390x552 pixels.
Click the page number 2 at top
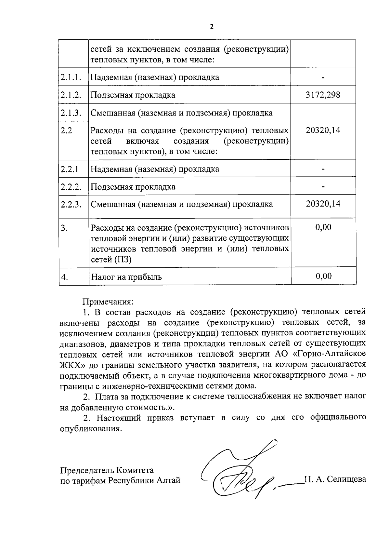(212, 27)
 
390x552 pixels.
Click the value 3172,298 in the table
(323, 95)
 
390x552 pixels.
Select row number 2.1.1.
(71, 77)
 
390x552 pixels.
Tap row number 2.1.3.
(71, 113)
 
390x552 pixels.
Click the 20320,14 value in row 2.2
(323, 130)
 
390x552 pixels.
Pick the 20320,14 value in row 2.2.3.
(323, 204)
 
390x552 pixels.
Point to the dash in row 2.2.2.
(323, 187)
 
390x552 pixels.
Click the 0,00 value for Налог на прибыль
(324, 276)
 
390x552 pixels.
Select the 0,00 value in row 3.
(323, 227)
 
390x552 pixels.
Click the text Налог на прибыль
(126, 277)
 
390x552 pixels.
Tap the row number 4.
(65, 277)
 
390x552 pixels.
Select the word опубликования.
(91, 429)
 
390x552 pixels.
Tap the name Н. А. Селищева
(335, 479)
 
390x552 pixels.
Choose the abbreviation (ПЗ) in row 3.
(123, 260)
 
